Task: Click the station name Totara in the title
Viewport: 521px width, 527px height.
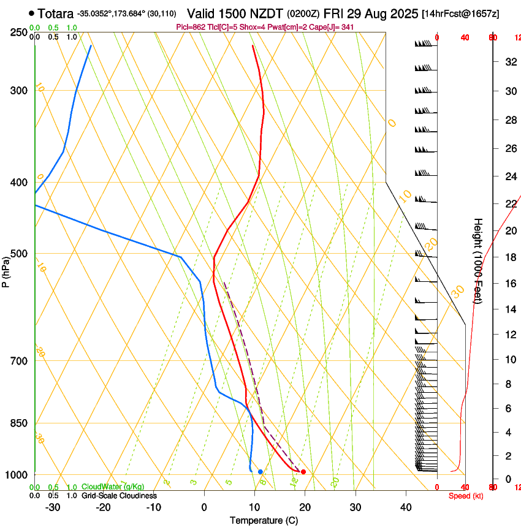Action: pyautogui.click(x=56, y=13)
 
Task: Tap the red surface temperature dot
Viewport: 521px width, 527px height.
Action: pyautogui.click(x=303, y=472)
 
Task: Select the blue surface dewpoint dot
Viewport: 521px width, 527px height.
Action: pyautogui.click(x=260, y=472)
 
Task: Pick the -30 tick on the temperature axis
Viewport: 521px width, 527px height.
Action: pyautogui.click(x=53, y=507)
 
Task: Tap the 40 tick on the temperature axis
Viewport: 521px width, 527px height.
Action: pyautogui.click(x=405, y=507)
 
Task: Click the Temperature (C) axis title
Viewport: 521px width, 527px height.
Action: pyautogui.click(x=264, y=520)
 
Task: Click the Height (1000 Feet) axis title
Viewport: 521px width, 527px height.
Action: pyautogui.click(x=478, y=260)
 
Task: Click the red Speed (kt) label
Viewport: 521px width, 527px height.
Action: pyautogui.click(x=466, y=496)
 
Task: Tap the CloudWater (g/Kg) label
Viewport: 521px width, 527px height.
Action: pyautogui.click(x=113, y=487)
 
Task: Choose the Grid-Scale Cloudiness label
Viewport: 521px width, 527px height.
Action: pyautogui.click(x=119, y=495)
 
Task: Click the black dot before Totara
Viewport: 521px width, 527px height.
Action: pyautogui.click(x=31, y=13)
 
